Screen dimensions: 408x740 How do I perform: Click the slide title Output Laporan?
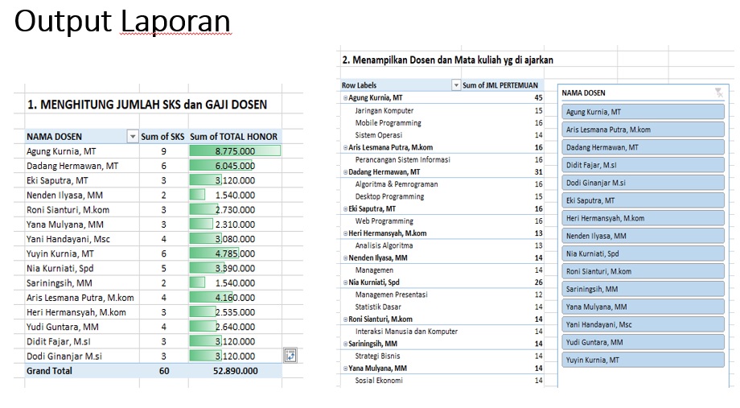pos(122,22)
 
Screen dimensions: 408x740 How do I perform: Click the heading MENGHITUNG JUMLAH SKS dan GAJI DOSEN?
pos(147,105)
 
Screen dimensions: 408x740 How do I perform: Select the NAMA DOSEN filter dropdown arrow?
pos(133,137)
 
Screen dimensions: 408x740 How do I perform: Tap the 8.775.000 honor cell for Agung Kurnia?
pos(234,151)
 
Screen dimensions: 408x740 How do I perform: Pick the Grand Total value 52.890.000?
pos(234,371)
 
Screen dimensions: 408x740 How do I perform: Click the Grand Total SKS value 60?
pos(163,371)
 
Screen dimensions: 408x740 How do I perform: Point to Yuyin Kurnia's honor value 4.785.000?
pos(234,253)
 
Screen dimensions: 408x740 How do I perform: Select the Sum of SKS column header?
pos(163,137)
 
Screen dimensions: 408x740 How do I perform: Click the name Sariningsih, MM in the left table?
pos(60,283)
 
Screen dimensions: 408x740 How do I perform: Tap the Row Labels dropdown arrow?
pos(456,85)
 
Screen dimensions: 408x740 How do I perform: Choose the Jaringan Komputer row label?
pos(384,110)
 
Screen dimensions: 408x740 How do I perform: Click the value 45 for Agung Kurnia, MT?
pos(538,97)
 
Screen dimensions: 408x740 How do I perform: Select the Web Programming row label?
pos(384,220)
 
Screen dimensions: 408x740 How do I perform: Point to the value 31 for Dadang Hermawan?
pos(538,171)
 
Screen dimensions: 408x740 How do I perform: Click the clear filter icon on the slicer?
pos(717,93)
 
